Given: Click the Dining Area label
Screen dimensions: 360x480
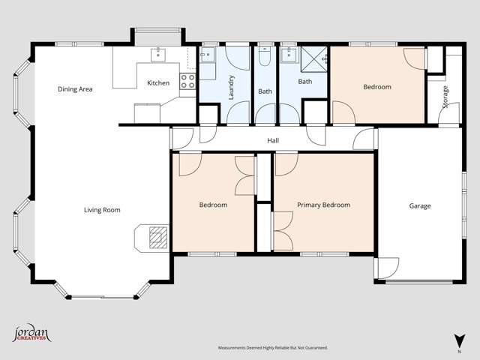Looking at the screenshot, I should pyautogui.click(x=75, y=89).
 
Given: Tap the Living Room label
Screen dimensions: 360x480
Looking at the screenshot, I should pyautogui.click(x=102, y=210).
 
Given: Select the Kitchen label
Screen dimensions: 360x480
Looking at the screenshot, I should pyautogui.click(x=158, y=83).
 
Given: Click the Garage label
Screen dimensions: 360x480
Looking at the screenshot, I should pyautogui.click(x=420, y=205).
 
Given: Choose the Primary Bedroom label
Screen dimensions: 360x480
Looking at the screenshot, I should pyautogui.click(x=323, y=205).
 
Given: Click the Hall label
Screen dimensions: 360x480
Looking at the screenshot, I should pyautogui.click(x=274, y=141).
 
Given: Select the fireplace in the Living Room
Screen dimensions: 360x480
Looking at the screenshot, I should pyautogui.click(x=155, y=237).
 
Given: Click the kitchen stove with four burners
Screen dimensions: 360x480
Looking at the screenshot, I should pyautogui.click(x=187, y=81).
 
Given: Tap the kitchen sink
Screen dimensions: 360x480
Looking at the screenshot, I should pyautogui.click(x=159, y=54).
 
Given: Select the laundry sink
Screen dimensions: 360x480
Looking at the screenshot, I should pyautogui.click(x=207, y=55).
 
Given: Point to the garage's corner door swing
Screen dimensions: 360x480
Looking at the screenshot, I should pyautogui.click(x=388, y=268).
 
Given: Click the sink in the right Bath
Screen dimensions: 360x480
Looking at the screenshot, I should pyautogui.click(x=287, y=54).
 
